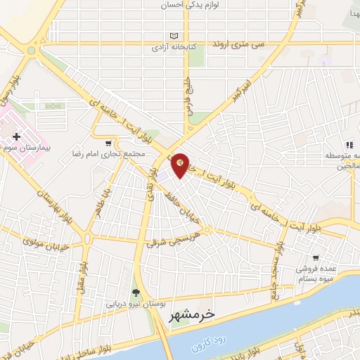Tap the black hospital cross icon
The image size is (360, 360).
(17, 134)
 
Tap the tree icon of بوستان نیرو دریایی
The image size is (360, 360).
(135, 292)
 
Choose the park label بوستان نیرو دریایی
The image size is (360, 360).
(135, 305)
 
